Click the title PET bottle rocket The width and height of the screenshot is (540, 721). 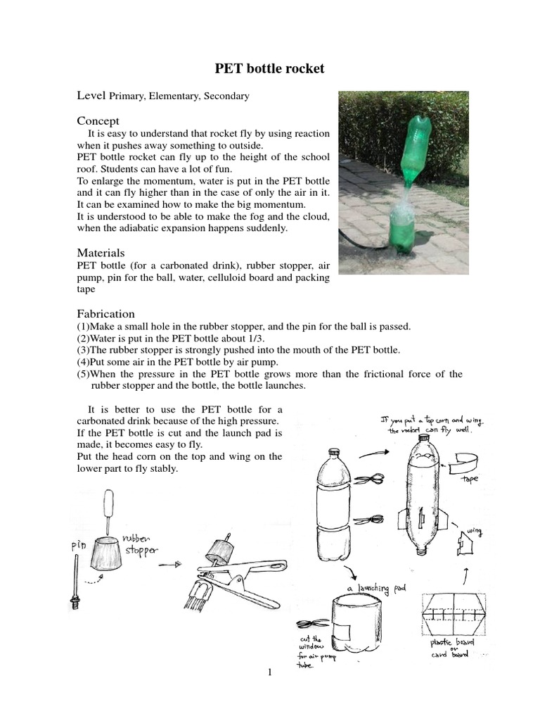tap(269, 69)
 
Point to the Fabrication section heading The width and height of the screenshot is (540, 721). tap(105, 313)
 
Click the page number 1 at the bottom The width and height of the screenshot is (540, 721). tap(269, 672)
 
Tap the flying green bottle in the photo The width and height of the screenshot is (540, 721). tap(416, 150)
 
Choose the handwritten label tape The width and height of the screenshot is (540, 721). tap(469, 478)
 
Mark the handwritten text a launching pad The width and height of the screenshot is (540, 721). tap(376, 587)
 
